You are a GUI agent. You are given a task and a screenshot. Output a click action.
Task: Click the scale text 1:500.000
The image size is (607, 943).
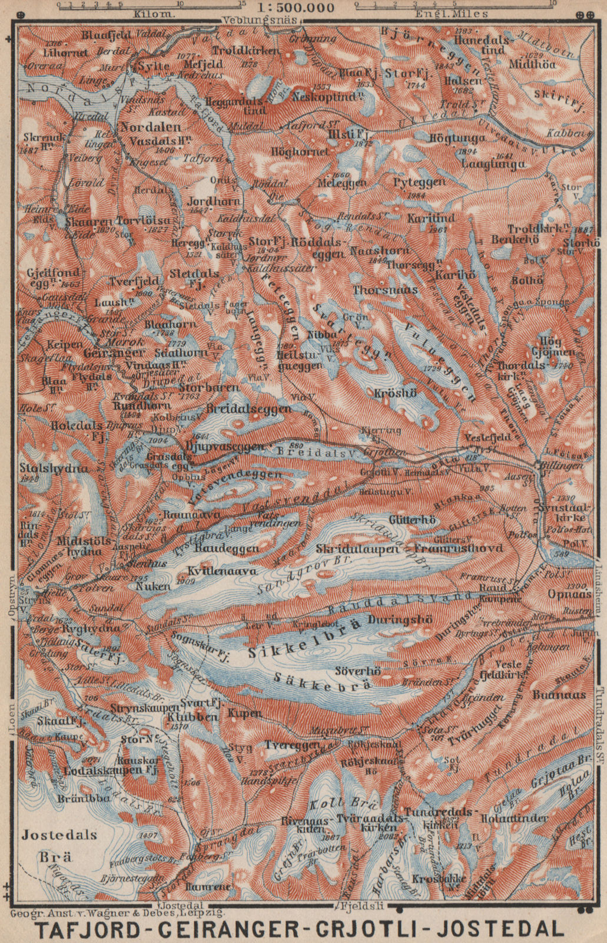click(300, 8)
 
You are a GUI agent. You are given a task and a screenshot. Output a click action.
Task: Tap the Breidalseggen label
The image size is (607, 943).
click(249, 408)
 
